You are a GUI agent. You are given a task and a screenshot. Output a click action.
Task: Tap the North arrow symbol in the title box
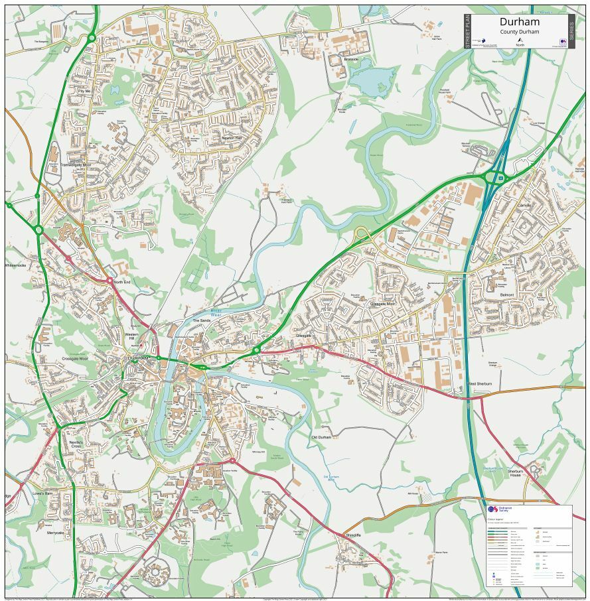(x=520, y=40)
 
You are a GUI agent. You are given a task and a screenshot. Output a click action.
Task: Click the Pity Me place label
(x=84, y=90)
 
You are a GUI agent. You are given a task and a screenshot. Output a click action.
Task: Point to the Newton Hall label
(x=232, y=138)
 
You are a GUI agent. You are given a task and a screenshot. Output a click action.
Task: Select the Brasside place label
(x=351, y=59)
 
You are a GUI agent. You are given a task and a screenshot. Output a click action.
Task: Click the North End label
(x=121, y=282)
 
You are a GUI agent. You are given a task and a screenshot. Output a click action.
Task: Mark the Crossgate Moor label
(x=75, y=358)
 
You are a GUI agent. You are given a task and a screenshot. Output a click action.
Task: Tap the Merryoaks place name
(x=56, y=533)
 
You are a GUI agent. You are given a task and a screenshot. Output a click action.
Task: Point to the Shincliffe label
(x=352, y=535)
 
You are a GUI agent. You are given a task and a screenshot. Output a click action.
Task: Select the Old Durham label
(x=321, y=437)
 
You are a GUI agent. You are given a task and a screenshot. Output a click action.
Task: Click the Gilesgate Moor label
(x=382, y=304)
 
